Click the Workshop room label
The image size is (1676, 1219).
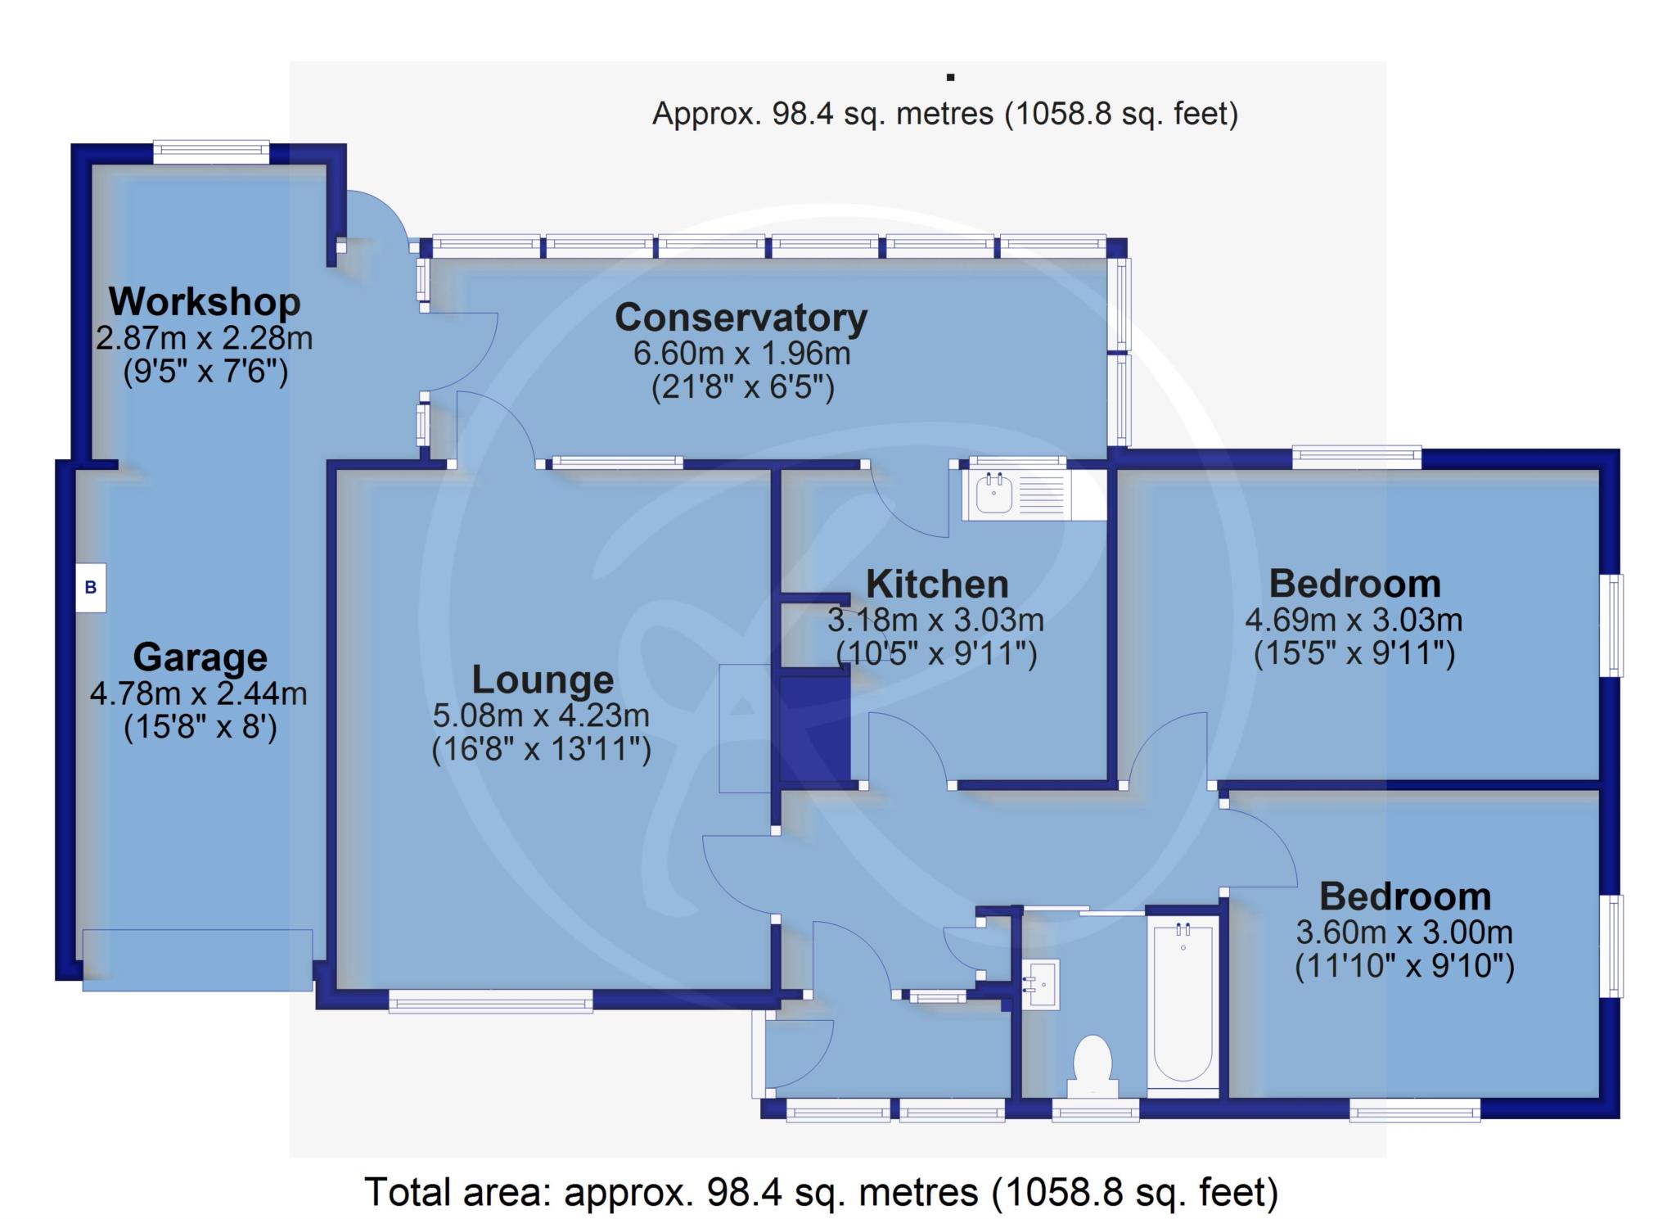(x=205, y=301)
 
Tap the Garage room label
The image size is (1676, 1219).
(x=200, y=657)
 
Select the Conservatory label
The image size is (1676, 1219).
(x=741, y=318)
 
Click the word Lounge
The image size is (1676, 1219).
(x=543, y=680)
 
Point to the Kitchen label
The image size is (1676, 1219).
(x=937, y=585)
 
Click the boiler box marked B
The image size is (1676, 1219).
(x=91, y=587)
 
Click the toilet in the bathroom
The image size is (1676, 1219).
(x=1093, y=1066)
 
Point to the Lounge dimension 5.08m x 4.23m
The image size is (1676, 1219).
(x=541, y=716)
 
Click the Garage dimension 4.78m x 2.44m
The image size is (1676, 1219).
(x=199, y=693)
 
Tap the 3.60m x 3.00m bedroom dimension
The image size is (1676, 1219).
(x=1404, y=932)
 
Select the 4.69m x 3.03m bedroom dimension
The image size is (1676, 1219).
(x=1354, y=620)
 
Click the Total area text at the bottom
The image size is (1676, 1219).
(x=821, y=1192)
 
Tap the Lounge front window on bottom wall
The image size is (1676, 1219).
(x=490, y=1001)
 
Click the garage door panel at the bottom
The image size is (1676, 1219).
(x=197, y=959)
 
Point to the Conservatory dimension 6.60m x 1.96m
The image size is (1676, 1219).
(x=741, y=354)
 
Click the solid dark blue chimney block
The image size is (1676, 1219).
(x=814, y=728)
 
